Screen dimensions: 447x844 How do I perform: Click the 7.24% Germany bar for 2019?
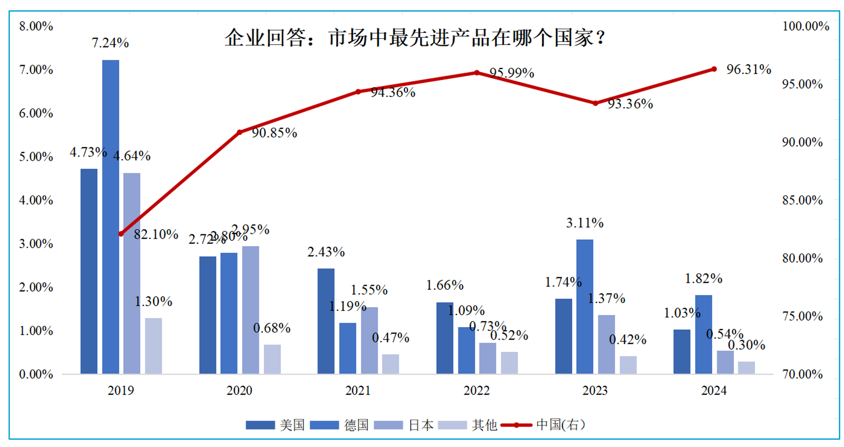(110, 217)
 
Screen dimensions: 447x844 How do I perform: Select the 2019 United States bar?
(89, 271)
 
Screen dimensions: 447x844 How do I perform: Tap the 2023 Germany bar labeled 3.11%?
(584, 306)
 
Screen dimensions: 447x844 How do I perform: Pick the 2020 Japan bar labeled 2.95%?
(251, 310)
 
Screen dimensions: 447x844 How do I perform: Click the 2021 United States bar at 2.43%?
(326, 321)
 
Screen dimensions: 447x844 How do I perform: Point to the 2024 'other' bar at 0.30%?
(746, 367)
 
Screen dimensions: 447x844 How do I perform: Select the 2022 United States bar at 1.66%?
(445, 338)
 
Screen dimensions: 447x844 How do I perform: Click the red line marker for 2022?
(477, 73)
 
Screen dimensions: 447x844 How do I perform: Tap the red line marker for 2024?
(714, 69)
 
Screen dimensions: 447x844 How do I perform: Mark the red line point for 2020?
(239, 132)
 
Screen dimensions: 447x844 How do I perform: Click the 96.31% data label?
(748, 69)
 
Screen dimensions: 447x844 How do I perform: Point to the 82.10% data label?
(156, 234)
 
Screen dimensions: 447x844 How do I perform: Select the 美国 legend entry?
(275, 425)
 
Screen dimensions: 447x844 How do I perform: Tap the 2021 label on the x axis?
(358, 390)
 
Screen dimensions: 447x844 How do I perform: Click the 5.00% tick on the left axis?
(36, 157)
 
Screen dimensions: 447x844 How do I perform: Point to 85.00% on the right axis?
(802, 200)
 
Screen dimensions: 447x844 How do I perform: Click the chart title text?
(414, 38)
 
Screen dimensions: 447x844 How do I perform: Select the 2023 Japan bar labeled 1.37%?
(606, 344)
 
